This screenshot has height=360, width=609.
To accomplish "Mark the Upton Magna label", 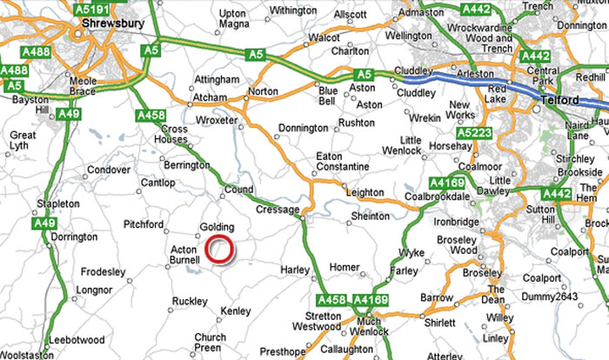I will pyautogui.click(x=233, y=17).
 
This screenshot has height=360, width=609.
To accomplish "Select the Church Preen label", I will pyautogui.click(x=210, y=343).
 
